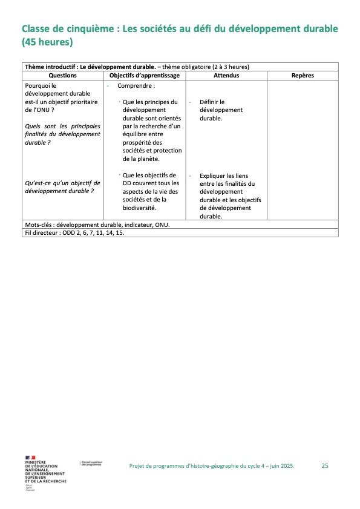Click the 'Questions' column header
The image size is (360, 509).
62,76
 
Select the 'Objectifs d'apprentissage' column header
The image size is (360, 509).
145,76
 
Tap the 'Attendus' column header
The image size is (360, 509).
226,76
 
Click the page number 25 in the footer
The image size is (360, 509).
325,465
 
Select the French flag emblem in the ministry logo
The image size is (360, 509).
30,458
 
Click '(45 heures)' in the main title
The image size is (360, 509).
47,43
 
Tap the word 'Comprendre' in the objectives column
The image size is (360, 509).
132,86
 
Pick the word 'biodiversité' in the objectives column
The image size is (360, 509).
139,208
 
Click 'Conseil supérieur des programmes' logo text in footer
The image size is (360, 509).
91,464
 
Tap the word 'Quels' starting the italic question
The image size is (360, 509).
33,126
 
